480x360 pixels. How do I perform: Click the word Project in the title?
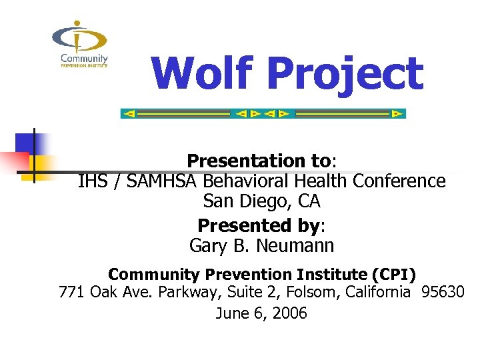pyautogui.click(x=345, y=75)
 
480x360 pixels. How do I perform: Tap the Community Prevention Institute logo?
pyautogui.click(x=79, y=45)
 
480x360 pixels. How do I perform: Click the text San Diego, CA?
pyautogui.click(x=261, y=200)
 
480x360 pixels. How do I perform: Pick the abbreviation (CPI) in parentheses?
pyautogui.click(x=394, y=274)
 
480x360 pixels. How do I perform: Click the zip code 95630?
pyautogui.click(x=443, y=292)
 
